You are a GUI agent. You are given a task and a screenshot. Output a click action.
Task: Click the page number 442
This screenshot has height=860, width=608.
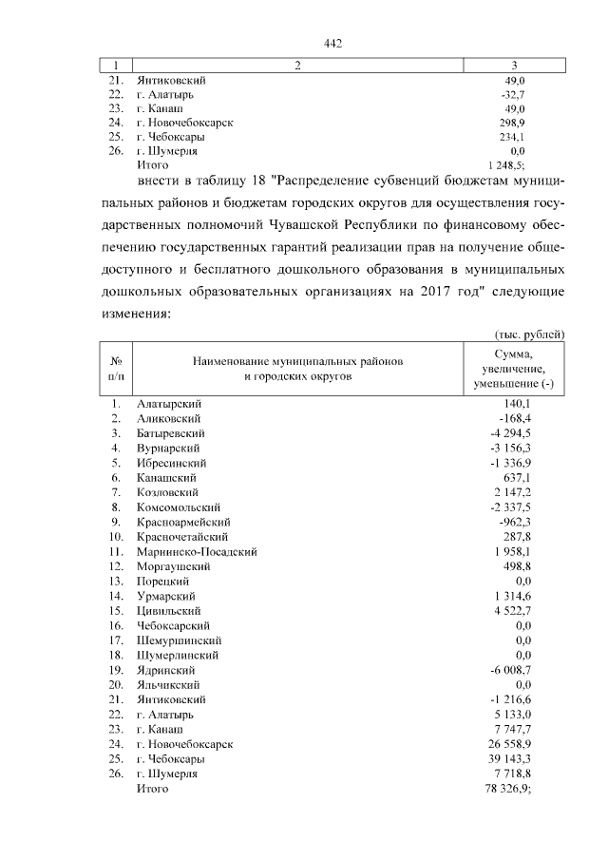coord(332,44)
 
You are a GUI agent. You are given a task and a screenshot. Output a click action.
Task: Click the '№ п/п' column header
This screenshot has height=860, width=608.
coord(115,369)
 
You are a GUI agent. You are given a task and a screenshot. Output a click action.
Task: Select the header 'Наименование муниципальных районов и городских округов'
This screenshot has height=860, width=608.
coord(298,369)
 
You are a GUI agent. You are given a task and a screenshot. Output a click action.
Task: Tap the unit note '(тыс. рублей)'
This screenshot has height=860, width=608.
coord(530,334)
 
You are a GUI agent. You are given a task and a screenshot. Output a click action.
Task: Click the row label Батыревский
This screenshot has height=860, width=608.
coord(171,432)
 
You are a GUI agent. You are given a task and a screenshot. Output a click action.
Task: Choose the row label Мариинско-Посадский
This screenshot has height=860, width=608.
coord(197,551)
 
